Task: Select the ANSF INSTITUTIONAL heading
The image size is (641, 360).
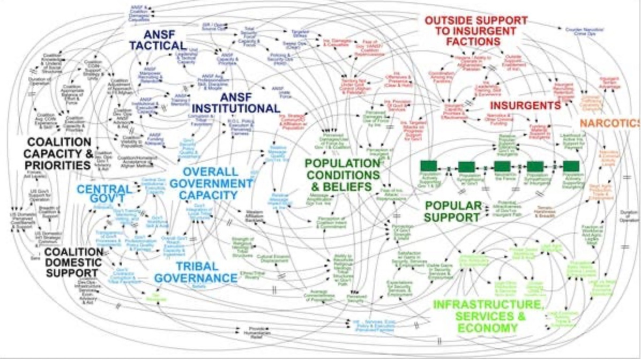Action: coord(235,102)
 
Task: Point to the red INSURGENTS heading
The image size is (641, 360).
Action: coord(525,104)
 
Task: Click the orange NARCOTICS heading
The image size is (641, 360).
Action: coord(609,123)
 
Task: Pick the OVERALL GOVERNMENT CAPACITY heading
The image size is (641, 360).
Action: coord(211,183)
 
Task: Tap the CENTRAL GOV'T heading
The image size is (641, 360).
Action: coord(104,195)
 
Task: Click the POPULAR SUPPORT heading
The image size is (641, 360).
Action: coord(452,212)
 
